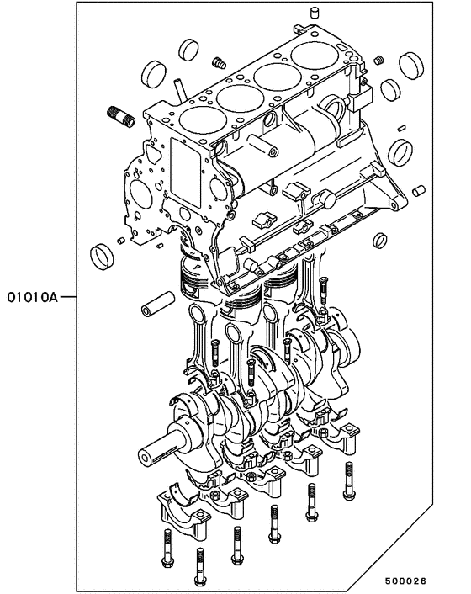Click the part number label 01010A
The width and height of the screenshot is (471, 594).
click(x=32, y=297)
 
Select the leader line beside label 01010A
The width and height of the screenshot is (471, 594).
click(x=71, y=297)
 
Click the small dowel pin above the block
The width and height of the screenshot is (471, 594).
click(x=316, y=12)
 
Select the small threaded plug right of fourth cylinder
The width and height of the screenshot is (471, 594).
click(x=380, y=60)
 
